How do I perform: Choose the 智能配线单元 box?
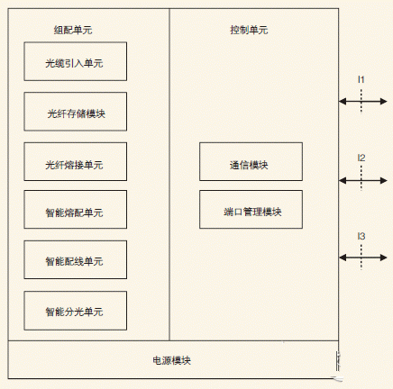pyautogui.click(x=75, y=260)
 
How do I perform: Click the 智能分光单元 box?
pyautogui.click(x=75, y=311)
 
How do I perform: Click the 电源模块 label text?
pyautogui.click(x=171, y=360)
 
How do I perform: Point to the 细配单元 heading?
pyautogui.click(x=73, y=30)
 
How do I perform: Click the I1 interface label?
pyautogui.click(x=361, y=80)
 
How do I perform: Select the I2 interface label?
pyautogui.click(x=361, y=158)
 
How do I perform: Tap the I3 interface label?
pyautogui.click(x=361, y=237)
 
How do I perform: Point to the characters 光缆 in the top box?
pyautogui.click(x=52, y=62)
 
